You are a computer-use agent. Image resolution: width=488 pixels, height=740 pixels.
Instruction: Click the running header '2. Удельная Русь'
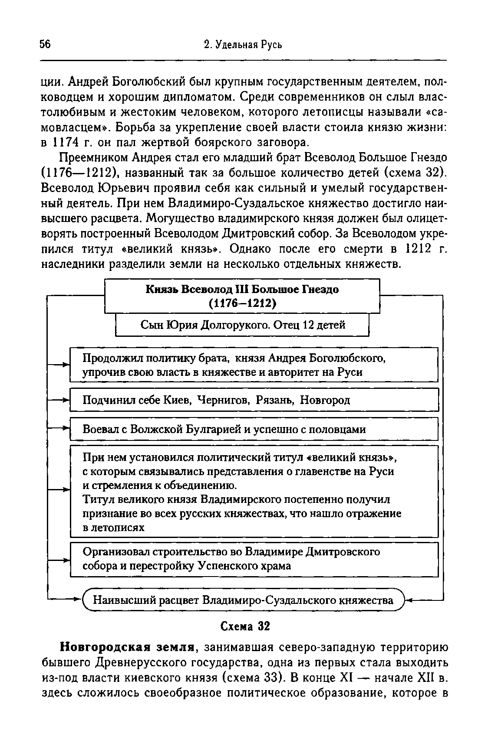point(243,45)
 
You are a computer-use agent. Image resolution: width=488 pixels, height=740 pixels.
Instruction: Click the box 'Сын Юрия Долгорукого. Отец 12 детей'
point(243,325)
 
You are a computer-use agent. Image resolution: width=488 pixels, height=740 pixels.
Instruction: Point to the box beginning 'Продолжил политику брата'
point(254,365)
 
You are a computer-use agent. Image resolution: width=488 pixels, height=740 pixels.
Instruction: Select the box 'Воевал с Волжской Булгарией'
point(254,429)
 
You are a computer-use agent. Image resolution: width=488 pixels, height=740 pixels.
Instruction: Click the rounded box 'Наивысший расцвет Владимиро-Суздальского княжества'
point(244,600)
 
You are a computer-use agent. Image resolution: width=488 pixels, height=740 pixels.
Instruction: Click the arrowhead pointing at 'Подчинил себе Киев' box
point(67,399)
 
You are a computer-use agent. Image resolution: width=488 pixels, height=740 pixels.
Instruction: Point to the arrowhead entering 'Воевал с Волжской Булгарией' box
point(67,428)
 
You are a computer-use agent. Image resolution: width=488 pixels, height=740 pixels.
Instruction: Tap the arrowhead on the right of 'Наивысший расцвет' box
point(408,600)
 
